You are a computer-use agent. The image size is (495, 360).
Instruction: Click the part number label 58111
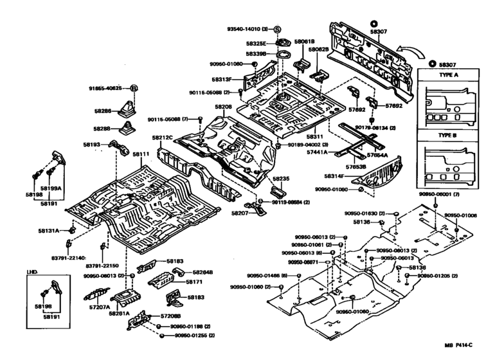141,155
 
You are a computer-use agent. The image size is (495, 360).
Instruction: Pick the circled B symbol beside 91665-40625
134,87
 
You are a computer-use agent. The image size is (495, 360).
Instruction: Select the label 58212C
163,138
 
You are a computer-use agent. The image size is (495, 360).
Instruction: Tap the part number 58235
281,179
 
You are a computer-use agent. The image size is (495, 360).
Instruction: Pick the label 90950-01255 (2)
192,336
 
